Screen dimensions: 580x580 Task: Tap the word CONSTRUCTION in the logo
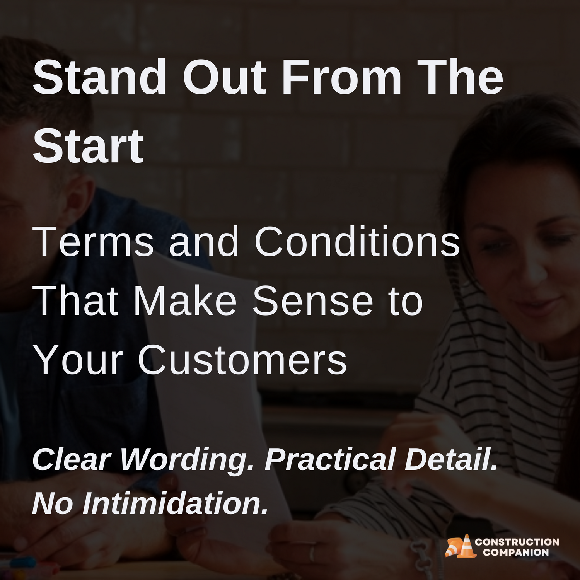(x=517, y=542)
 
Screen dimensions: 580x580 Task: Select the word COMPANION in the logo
(x=516, y=553)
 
